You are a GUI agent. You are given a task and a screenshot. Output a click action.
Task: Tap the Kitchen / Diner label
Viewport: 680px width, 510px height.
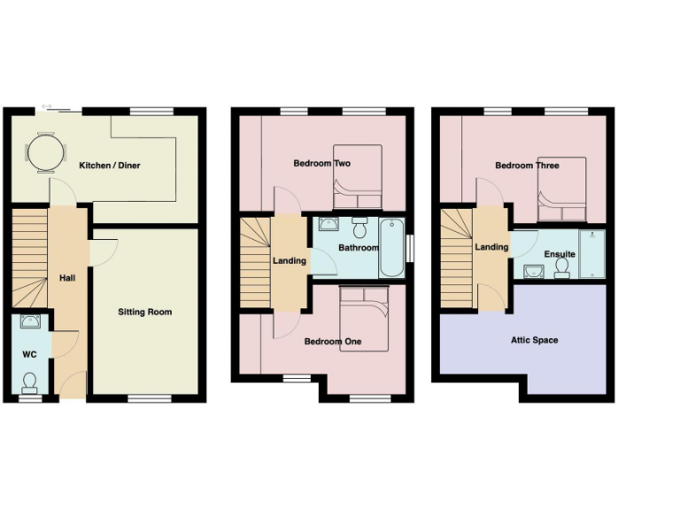110,166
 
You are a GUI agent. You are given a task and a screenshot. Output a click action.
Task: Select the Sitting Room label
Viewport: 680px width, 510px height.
145,312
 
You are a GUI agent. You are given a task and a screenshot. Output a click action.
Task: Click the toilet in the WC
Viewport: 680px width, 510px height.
30,382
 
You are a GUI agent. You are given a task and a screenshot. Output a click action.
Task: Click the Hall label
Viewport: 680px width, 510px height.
67,278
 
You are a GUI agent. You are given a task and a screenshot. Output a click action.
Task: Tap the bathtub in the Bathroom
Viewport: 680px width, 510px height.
390,248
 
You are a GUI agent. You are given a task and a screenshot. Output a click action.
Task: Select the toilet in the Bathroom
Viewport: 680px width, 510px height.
359,227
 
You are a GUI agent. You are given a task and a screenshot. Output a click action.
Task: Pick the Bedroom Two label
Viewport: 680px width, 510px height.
323,164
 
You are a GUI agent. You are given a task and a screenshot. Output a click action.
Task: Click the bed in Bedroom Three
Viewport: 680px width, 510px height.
562,189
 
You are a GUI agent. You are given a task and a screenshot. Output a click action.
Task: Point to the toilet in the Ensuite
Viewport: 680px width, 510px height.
561,268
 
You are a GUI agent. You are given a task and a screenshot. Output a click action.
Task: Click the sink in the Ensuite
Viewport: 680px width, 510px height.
533,270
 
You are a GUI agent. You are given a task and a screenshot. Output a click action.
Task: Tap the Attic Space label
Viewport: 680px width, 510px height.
534,340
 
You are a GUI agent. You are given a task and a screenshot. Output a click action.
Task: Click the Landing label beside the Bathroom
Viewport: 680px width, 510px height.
289,260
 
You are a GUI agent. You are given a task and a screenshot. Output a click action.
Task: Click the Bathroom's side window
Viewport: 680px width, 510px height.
410,247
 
